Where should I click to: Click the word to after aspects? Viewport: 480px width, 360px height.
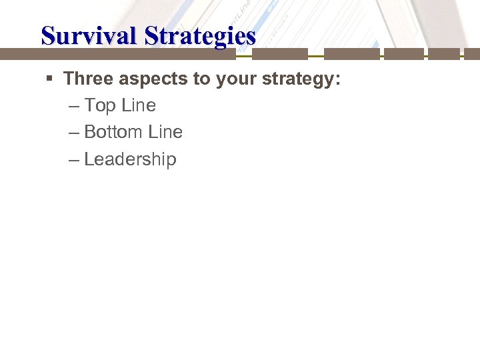click(x=201, y=79)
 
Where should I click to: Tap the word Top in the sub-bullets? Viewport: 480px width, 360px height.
click(x=101, y=105)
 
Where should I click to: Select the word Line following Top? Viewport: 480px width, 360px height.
click(x=138, y=105)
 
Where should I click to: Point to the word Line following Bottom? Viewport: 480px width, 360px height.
click(x=165, y=132)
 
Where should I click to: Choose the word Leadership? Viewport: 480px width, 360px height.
click(x=130, y=159)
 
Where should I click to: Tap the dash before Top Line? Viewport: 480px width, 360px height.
click(x=74, y=106)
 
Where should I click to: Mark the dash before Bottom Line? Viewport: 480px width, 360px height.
click(x=74, y=133)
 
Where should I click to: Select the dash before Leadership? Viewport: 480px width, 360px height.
click(x=74, y=160)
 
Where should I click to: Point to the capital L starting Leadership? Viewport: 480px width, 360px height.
click(x=89, y=159)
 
